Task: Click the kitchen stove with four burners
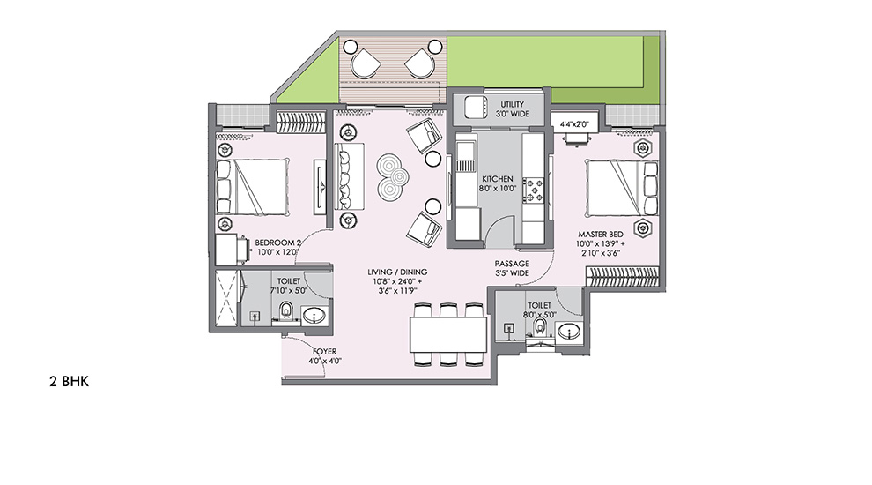[535, 190]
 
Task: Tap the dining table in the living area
[448, 333]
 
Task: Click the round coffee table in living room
[388, 177]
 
